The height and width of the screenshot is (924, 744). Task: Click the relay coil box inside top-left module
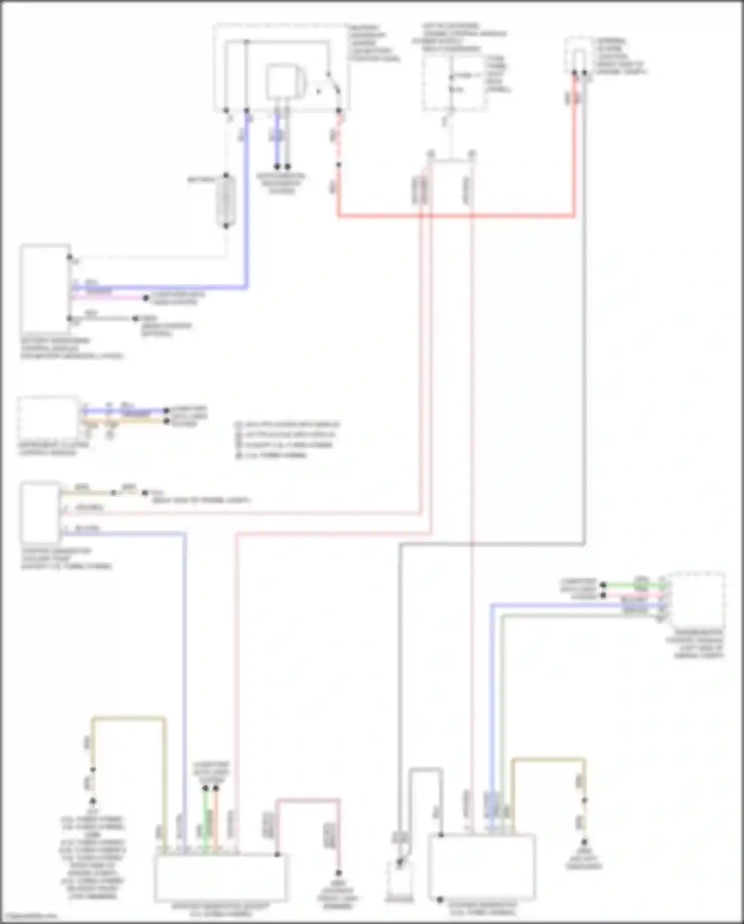[281, 82]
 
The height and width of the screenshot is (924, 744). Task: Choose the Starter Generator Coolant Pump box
[40, 513]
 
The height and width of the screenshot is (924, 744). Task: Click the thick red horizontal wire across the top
[456, 216]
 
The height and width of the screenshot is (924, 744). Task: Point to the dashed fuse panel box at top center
[453, 82]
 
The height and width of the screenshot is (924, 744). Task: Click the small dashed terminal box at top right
[578, 55]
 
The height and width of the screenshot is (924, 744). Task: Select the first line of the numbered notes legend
[288, 425]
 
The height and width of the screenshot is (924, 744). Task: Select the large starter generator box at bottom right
[481, 866]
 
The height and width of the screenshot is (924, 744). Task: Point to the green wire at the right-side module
[630, 585]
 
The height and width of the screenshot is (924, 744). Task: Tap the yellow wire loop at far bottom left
[129, 718]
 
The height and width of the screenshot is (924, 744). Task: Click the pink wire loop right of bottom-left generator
[308, 800]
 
